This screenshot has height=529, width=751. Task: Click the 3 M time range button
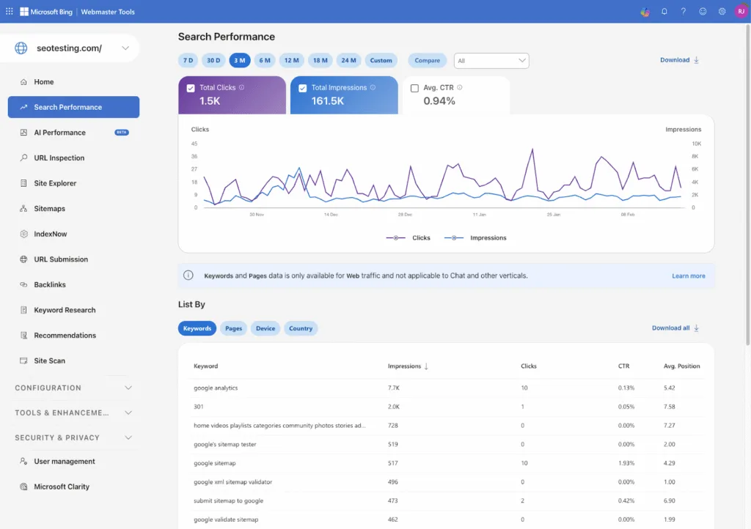pyautogui.click(x=239, y=60)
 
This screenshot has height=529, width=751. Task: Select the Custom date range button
pyautogui.click(x=381, y=60)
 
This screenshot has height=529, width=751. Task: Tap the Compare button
pyautogui.click(x=427, y=60)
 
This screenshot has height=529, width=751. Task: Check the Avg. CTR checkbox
pyautogui.click(x=414, y=88)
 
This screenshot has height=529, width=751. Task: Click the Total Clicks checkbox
pyautogui.click(x=191, y=88)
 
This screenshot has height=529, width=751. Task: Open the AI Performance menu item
pyautogui.click(x=59, y=133)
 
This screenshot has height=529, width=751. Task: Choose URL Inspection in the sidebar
pyautogui.click(x=59, y=158)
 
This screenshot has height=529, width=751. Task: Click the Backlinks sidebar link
pyautogui.click(x=49, y=284)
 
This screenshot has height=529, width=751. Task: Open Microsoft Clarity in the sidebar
pyautogui.click(x=62, y=487)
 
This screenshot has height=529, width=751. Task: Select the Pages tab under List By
pyautogui.click(x=233, y=328)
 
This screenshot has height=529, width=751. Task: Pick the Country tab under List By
pyautogui.click(x=301, y=328)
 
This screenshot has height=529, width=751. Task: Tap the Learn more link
pyautogui.click(x=688, y=276)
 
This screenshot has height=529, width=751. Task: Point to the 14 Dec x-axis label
pyautogui.click(x=330, y=215)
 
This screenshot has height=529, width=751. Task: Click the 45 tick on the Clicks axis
pyautogui.click(x=194, y=144)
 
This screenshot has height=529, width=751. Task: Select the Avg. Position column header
pyautogui.click(x=681, y=366)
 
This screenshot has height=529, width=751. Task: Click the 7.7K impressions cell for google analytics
pyautogui.click(x=395, y=388)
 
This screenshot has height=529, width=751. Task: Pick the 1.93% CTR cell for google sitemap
pyautogui.click(x=626, y=463)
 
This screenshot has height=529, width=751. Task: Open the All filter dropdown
pyautogui.click(x=491, y=61)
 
